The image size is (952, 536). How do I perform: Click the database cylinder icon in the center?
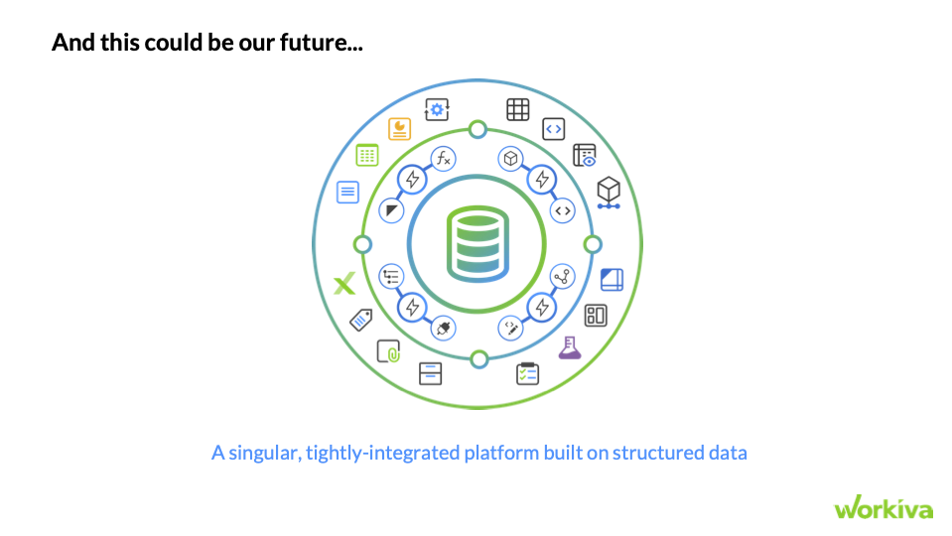(476, 241)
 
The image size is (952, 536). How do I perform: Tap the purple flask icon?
(569, 347)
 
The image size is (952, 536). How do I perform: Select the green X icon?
(344, 285)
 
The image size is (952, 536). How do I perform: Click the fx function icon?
(444, 158)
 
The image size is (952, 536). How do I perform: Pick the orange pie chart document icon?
(400, 129)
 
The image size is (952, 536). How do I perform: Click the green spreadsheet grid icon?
(368, 155)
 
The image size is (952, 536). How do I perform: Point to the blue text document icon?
(347, 193)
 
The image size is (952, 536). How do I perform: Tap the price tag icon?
(361, 320)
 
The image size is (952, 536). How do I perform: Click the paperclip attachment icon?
(388, 350)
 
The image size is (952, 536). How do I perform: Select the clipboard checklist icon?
(527, 373)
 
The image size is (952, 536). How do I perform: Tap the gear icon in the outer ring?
(437, 109)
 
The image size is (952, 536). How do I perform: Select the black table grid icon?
(518, 109)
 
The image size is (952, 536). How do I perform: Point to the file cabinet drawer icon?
(430, 372)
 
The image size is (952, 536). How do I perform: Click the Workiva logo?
(884, 508)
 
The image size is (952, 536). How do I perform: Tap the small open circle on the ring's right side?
(593, 244)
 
